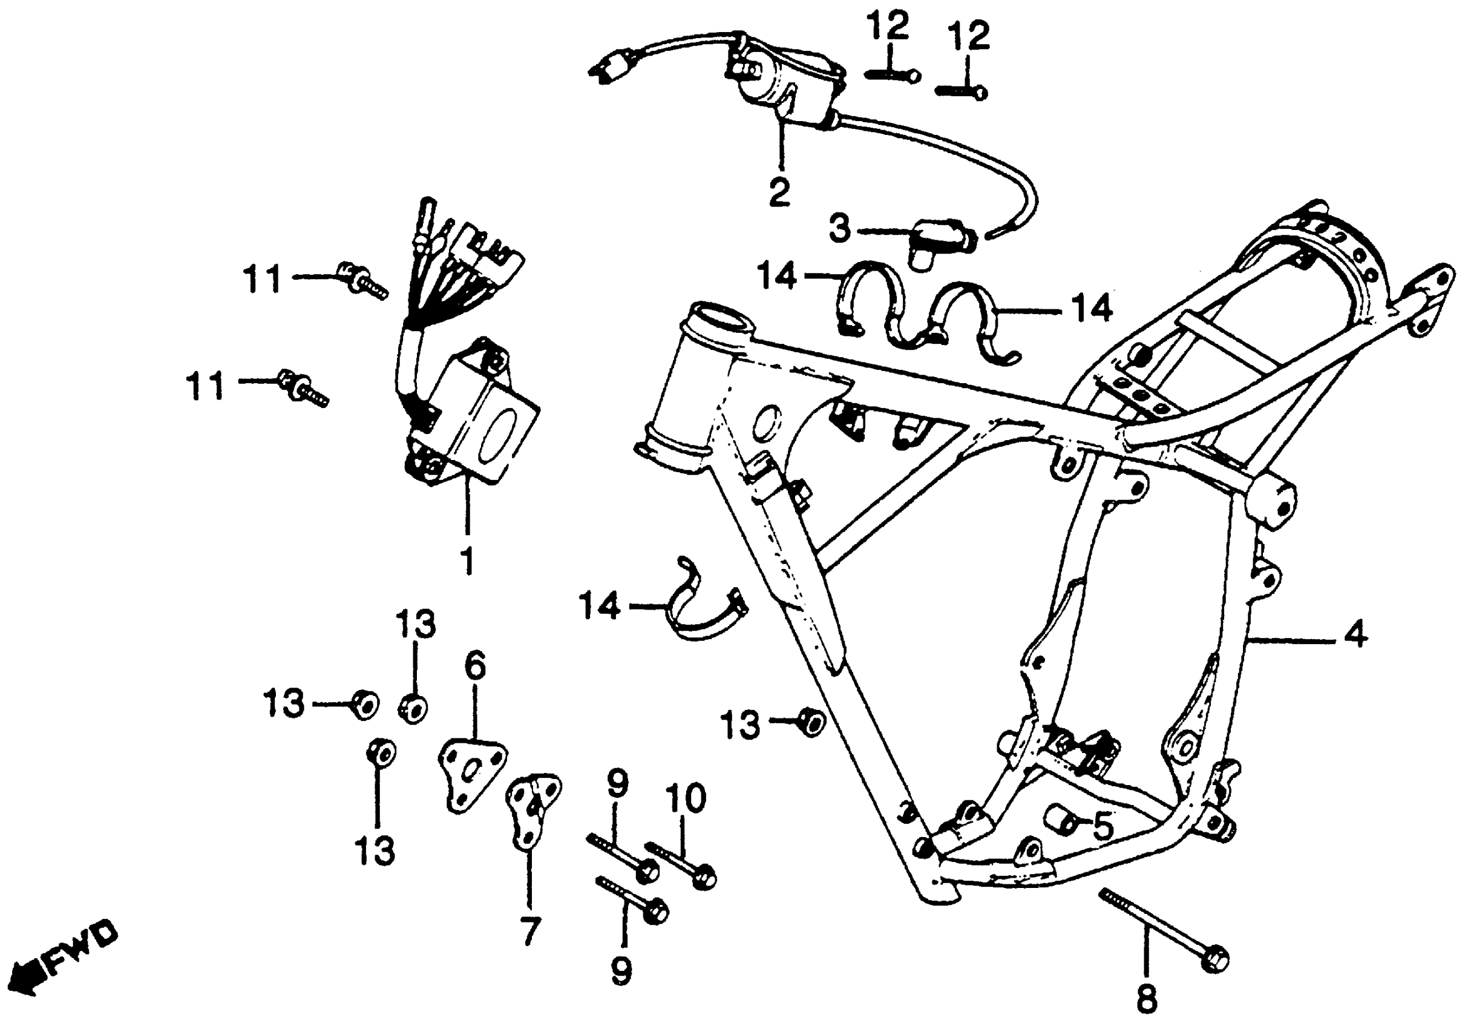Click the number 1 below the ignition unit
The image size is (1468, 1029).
click(x=468, y=561)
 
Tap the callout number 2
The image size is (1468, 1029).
click(x=779, y=192)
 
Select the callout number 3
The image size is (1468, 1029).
click(x=840, y=228)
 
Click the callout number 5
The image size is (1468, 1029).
click(x=1103, y=826)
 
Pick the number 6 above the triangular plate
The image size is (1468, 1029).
click(x=475, y=666)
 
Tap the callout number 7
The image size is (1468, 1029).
click(x=530, y=930)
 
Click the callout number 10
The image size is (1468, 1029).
click(x=686, y=798)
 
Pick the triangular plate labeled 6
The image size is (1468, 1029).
click(x=471, y=775)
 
